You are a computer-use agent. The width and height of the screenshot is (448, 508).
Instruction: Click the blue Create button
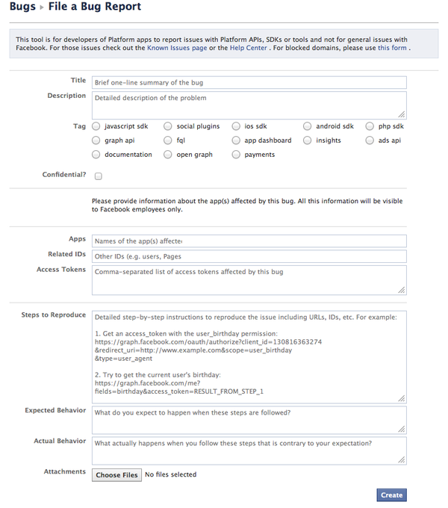pyautogui.click(x=391, y=495)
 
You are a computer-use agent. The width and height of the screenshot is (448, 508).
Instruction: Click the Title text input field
pyautogui.click(x=249, y=82)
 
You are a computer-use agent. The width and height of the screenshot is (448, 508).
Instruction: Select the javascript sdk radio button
pyautogui.click(x=96, y=126)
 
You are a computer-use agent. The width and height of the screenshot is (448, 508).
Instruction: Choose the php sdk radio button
pyautogui.click(x=370, y=126)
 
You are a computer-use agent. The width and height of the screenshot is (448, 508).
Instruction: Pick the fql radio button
pyautogui.click(x=168, y=140)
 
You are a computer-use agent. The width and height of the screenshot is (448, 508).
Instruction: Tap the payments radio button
pyautogui.click(x=236, y=155)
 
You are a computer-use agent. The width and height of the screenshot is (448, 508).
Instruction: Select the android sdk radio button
pyautogui.click(x=308, y=126)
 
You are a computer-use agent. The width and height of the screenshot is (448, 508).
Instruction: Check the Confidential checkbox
pyautogui.click(x=99, y=176)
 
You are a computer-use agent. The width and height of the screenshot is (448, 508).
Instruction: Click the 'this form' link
pyautogui.click(x=392, y=48)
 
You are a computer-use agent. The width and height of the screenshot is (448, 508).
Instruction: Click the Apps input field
pyautogui.click(x=249, y=241)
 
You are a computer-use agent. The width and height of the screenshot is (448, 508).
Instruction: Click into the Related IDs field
pyautogui.click(x=249, y=256)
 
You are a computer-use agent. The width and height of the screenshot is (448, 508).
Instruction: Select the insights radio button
pyautogui.click(x=308, y=140)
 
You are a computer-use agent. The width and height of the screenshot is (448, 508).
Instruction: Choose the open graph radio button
pyautogui.click(x=168, y=155)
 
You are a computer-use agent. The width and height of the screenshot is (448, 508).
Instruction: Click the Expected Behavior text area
pyautogui.click(x=249, y=419)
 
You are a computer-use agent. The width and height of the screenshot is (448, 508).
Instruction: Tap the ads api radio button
pyautogui.click(x=370, y=140)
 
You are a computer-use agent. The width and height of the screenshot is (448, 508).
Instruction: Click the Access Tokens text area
pyautogui.click(x=249, y=279)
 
